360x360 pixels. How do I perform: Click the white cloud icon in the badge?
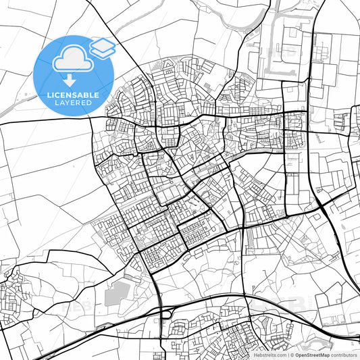70,60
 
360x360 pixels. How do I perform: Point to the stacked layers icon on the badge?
102,47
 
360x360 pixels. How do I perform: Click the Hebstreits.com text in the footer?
270,355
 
